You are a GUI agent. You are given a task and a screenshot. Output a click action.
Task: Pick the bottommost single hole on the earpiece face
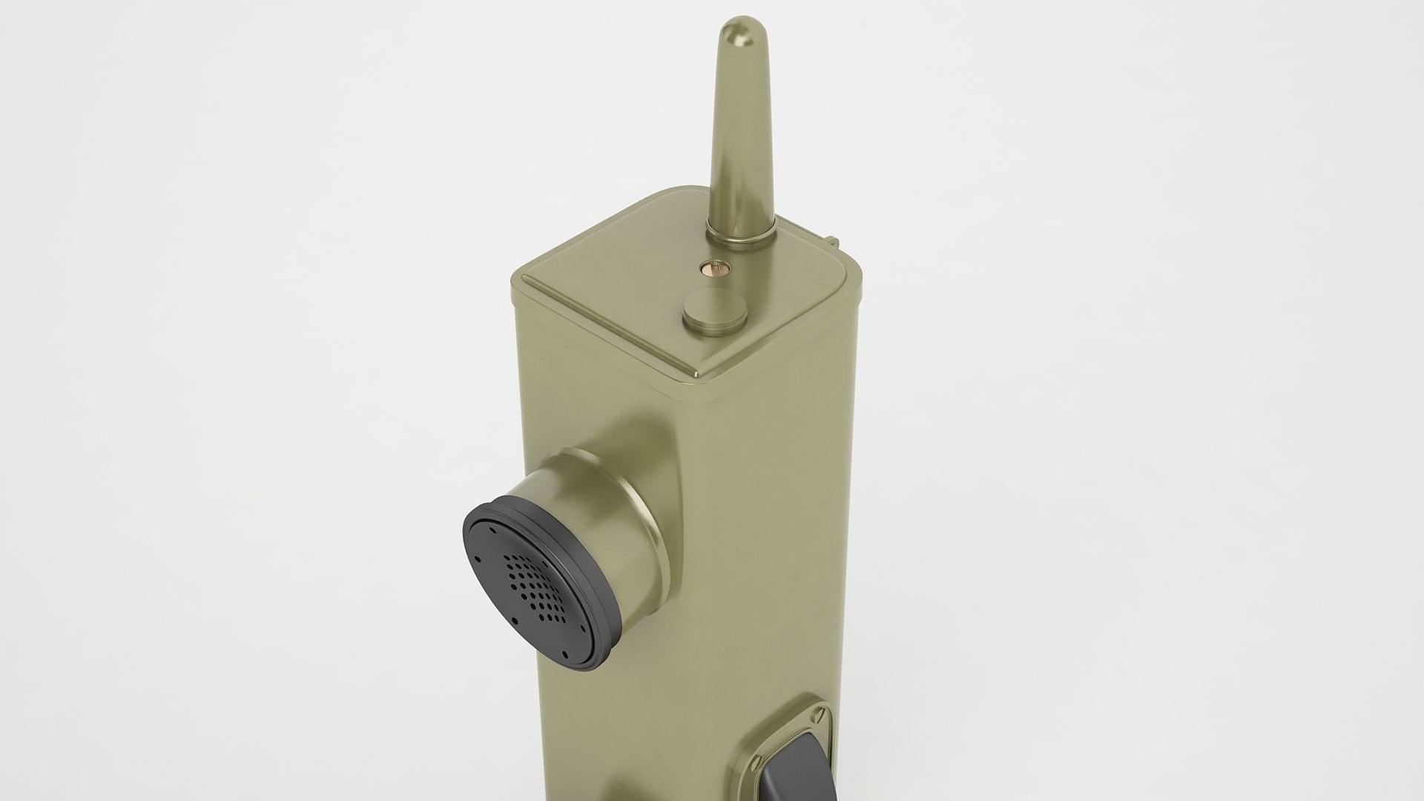[x=566, y=654]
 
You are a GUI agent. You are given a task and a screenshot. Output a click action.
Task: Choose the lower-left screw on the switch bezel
[x=756, y=762]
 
